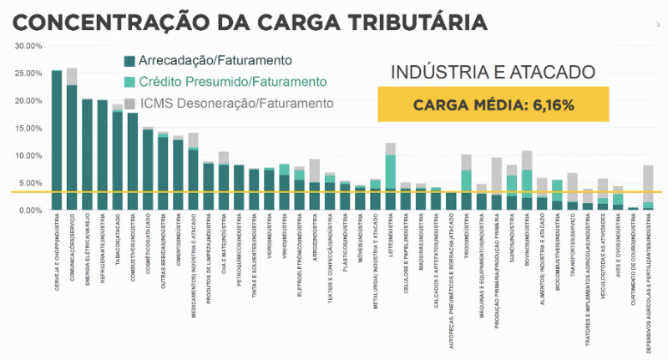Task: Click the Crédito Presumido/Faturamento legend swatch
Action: point(129,82)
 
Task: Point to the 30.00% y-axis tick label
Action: point(26,46)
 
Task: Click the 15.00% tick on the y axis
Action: point(26,128)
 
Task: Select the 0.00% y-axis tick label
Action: point(26,210)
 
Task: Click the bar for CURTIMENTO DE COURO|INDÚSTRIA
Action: point(633,209)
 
